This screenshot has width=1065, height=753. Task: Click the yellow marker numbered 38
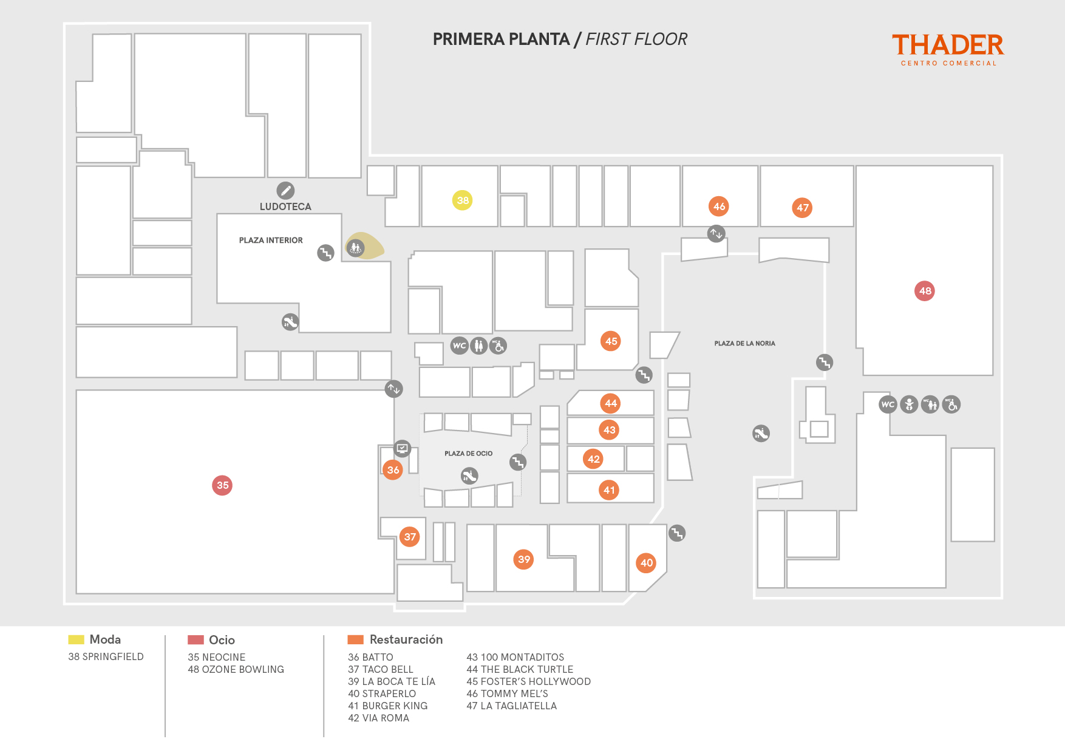(463, 200)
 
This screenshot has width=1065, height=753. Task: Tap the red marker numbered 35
(222, 485)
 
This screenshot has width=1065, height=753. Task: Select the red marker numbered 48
(925, 291)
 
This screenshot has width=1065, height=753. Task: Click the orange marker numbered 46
(719, 206)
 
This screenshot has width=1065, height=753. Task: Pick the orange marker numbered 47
(803, 208)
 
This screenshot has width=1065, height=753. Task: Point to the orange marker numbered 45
(611, 341)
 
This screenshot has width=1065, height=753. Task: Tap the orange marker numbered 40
(647, 563)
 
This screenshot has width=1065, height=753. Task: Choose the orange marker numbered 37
(410, 537)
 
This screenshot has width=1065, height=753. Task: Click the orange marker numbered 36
(393, 469)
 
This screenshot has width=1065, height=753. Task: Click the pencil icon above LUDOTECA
(285, 191)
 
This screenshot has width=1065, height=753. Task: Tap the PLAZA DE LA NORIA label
(744, 344)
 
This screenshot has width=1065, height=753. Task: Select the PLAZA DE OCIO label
(468, 454)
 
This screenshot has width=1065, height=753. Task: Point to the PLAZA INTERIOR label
(271, 240)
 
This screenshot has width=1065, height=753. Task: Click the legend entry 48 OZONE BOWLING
(236, 669)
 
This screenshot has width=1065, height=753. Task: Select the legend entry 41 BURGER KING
(387, 706)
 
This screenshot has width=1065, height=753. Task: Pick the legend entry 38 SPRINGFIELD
(106, 656)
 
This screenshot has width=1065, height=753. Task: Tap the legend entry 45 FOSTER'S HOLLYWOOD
(528, 681)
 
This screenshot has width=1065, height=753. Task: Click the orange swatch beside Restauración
(355, 639)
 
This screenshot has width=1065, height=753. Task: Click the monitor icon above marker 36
(402, 449)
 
